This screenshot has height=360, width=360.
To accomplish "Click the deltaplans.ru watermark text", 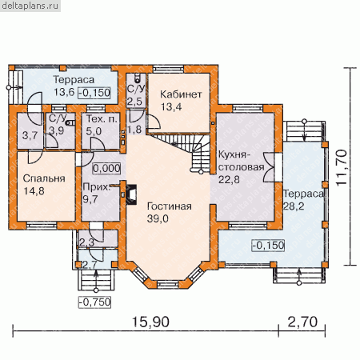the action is point(30,6).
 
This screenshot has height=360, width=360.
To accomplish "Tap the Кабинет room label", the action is point(181,94).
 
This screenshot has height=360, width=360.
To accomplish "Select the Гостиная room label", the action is point(170,206).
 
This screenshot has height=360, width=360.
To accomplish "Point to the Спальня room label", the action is point(44,178).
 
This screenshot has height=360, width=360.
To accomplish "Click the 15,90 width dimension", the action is point(150,322).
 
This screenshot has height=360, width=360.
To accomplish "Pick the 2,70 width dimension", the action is point(302,322).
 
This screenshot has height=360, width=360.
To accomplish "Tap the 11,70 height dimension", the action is point(342,167).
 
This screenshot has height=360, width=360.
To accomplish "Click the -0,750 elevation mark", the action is point(94,302).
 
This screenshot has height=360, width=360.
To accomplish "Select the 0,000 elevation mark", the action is point(106,168).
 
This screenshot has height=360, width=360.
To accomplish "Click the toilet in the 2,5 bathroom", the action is point(138,78).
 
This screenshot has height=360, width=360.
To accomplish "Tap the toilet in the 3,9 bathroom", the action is point(70,122).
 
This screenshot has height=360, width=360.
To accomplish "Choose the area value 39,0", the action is point(158,218).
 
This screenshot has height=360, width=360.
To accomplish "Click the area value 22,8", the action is point(229,179).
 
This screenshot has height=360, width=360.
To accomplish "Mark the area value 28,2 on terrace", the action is point(294,206).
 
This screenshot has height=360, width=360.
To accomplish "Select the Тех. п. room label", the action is point(102,119).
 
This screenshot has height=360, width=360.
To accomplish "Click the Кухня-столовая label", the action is point(242,161).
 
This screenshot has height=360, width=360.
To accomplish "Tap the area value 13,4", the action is point(171,107).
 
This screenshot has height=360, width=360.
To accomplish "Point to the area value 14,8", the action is point(34,191).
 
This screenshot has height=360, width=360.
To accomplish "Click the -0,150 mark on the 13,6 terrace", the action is point(94,93).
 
